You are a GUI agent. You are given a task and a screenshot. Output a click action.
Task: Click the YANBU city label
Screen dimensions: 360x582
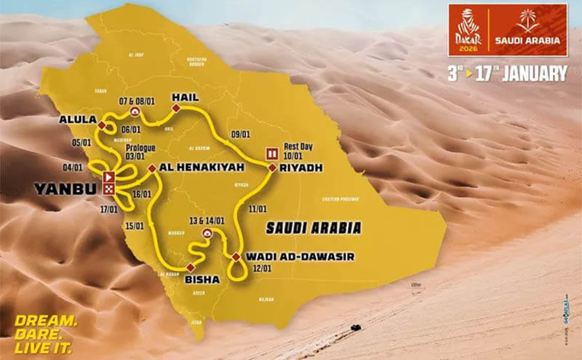(64, 191)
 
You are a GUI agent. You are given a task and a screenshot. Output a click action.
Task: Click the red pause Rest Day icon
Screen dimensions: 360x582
(272, 153)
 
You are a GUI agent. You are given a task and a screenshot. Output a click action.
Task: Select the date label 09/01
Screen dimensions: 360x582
(240, 135)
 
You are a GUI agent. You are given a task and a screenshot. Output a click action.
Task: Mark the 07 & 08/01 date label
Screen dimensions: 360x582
(135, 98)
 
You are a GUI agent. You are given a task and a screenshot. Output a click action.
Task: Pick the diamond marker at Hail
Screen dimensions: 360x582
(175, 108)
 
